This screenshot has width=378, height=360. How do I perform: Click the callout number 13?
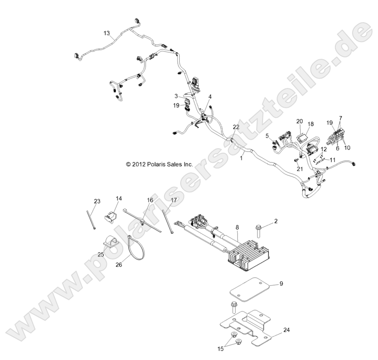click(x=107, y=33)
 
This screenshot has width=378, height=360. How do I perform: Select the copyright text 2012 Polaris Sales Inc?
click(x=159, y=164)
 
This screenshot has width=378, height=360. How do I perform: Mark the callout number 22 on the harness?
click(x=236, y=127)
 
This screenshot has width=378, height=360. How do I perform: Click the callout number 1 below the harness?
click(x=241, y=158)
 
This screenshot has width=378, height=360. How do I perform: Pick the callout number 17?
click(x=174, y=200)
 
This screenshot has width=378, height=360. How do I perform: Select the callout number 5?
click(x=267, y=136)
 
